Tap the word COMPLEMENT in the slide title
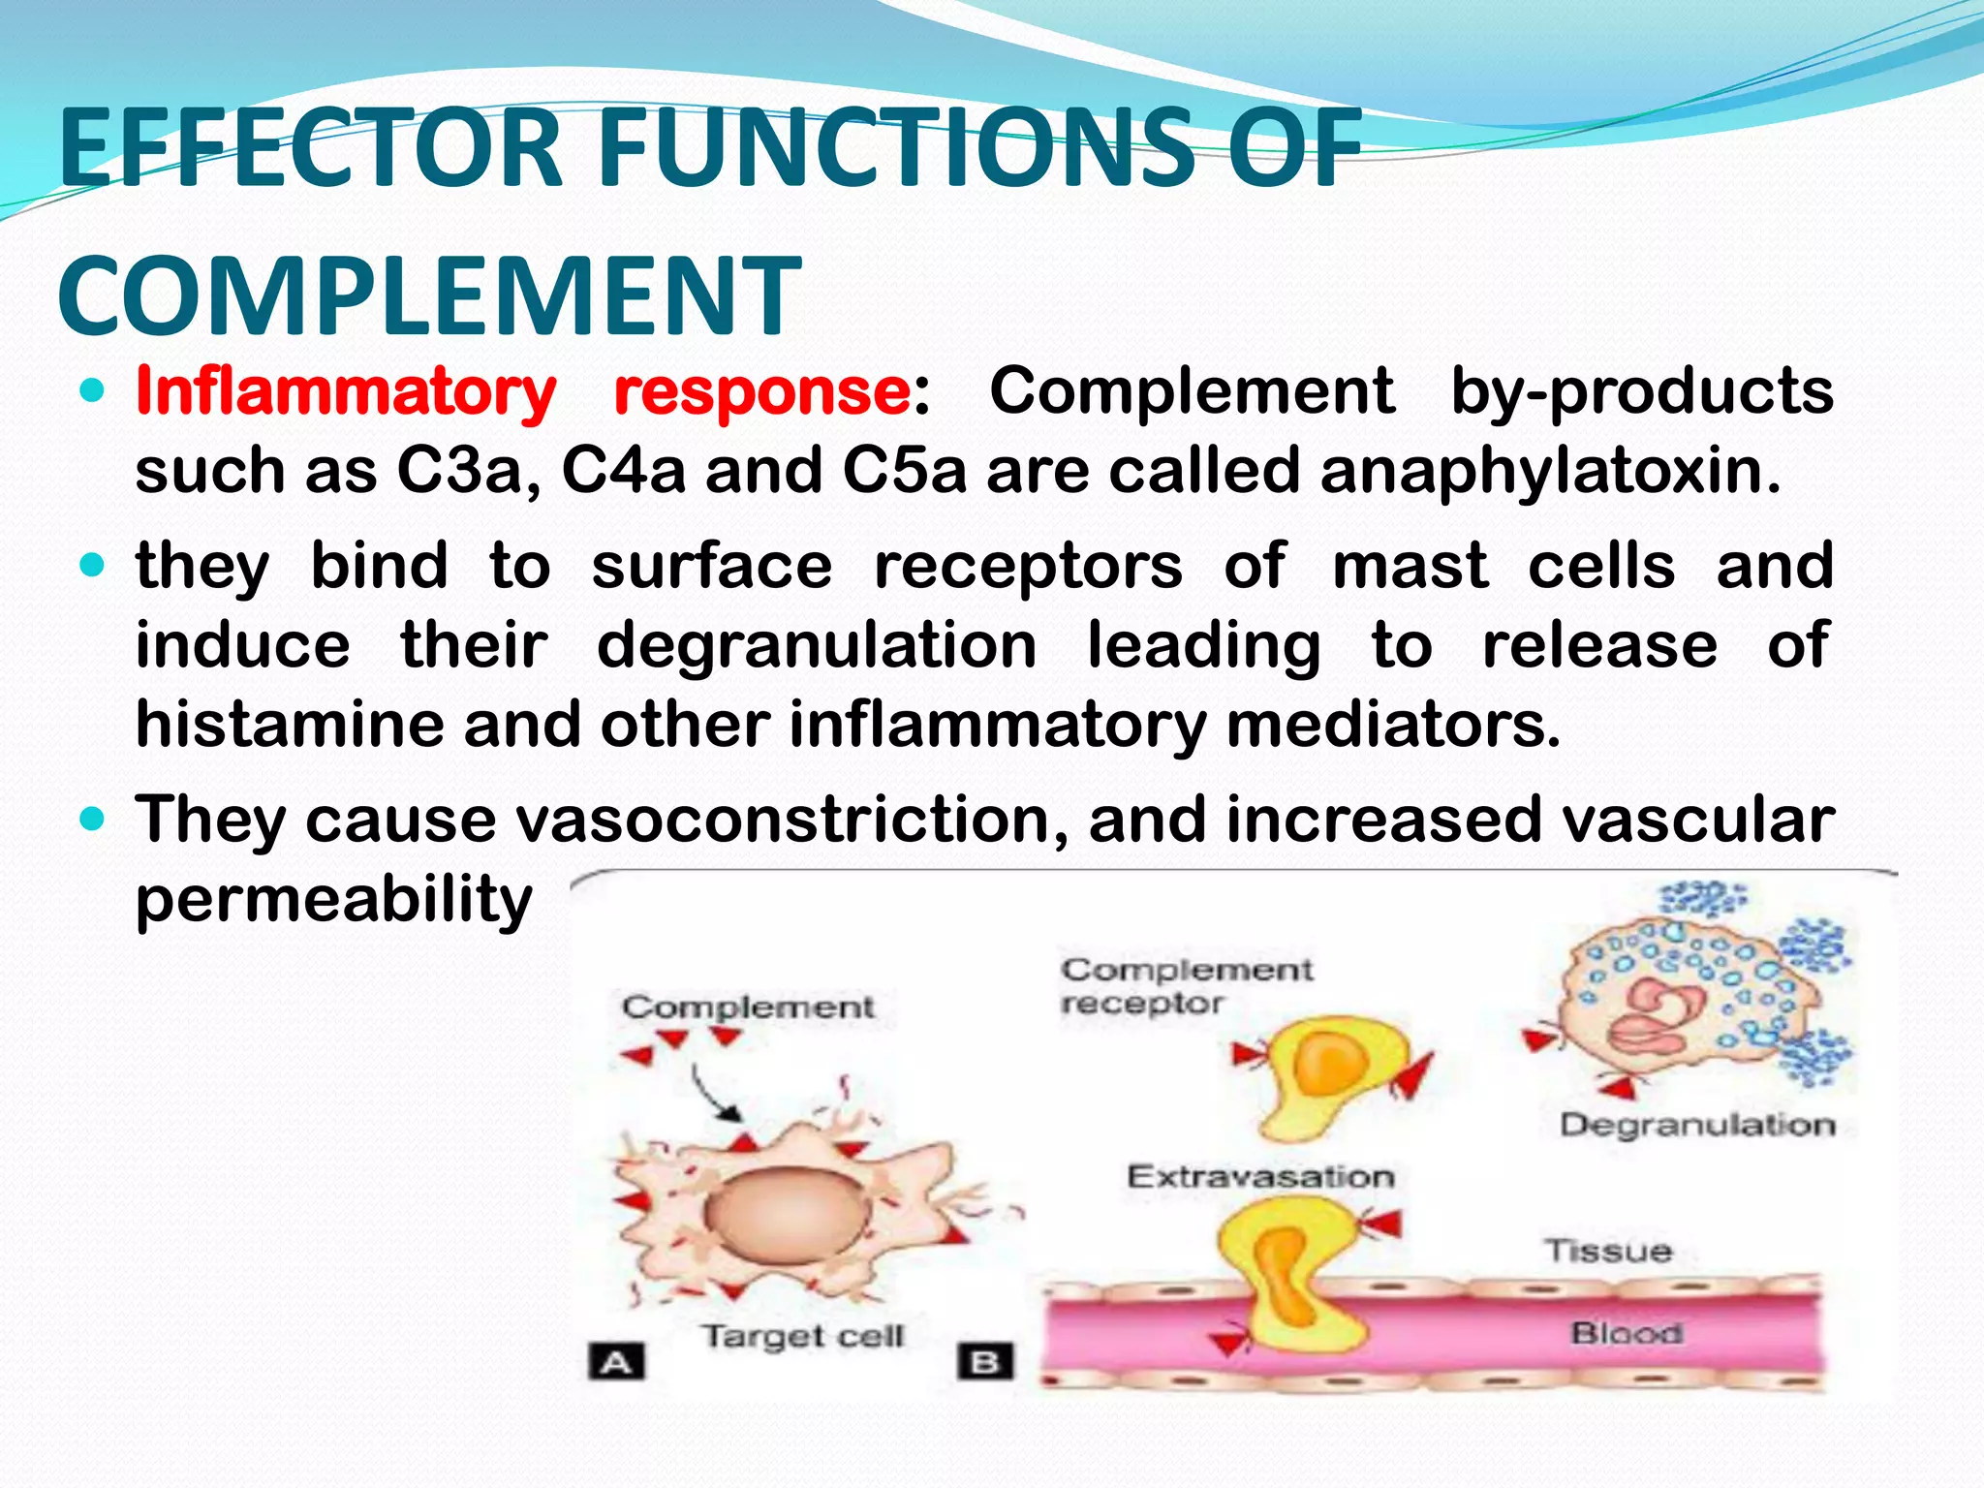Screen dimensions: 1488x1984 coord(429,294)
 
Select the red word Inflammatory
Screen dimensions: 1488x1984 coord(346,392)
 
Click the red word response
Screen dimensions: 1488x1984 coord(762,392)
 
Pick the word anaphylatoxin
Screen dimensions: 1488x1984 coord(1549,472)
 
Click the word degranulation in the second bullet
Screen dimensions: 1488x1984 coord(817,646)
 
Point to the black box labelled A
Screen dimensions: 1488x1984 coord(616,1362)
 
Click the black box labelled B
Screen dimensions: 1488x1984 coord(985,1361)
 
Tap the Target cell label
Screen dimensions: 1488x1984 coord(802,1336)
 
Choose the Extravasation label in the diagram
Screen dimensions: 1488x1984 coord(1260,1177)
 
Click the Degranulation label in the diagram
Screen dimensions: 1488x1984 coord(1697,1125)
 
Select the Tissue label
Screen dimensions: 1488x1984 coord(1608,1251)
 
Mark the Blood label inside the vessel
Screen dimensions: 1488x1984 coord(1626,1333)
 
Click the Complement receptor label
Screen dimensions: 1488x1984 coord(1186,986)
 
